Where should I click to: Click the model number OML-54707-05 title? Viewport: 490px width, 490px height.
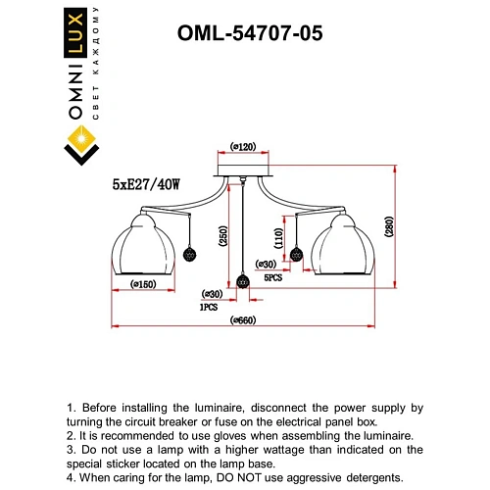(x=249, y=32)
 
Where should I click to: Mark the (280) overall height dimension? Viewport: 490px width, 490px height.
(x=389, y=229)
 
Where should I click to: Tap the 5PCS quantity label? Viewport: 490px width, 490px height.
(x=273, y=277)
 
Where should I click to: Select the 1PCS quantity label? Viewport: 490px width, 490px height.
(x=208, y=307)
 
